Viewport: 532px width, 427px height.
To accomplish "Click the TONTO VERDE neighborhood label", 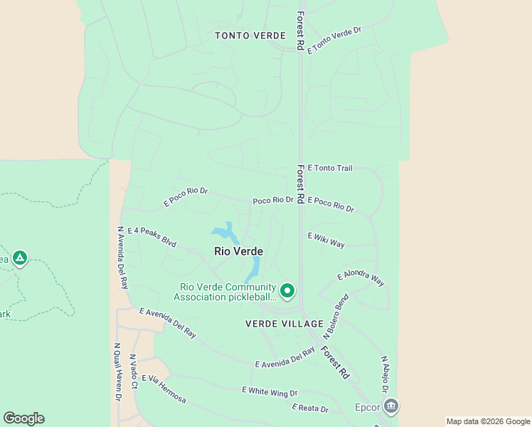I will (x=250, y=36).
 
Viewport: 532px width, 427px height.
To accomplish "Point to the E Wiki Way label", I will (x=326, y=241).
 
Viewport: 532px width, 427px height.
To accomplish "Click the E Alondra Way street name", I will (x=361, y=278).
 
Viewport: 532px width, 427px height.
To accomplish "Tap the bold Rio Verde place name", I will (x=239, y=251).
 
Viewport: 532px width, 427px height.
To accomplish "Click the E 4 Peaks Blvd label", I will (x=151, y=236).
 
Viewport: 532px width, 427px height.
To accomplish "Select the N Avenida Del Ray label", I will (x=122, y=258).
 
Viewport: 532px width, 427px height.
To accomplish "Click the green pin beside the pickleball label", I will (x=287, y=290).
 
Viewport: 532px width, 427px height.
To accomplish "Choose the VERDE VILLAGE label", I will (x=284, y=324).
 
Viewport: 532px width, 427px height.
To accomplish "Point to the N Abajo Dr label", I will (x=384, y=374).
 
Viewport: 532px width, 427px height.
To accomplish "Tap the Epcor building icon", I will (x=390, y=406).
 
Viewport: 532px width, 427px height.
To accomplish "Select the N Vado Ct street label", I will (x=132, y=371).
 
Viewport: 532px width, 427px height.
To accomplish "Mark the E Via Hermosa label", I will (x=164, y=389).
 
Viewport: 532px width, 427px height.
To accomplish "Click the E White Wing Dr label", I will (x=269, y=391).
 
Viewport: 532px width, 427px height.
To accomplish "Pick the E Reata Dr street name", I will (x=310, y=408).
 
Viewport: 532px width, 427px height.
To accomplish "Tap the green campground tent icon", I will (x=20, y=258).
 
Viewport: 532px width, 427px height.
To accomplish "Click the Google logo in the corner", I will (x=23, y=418).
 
